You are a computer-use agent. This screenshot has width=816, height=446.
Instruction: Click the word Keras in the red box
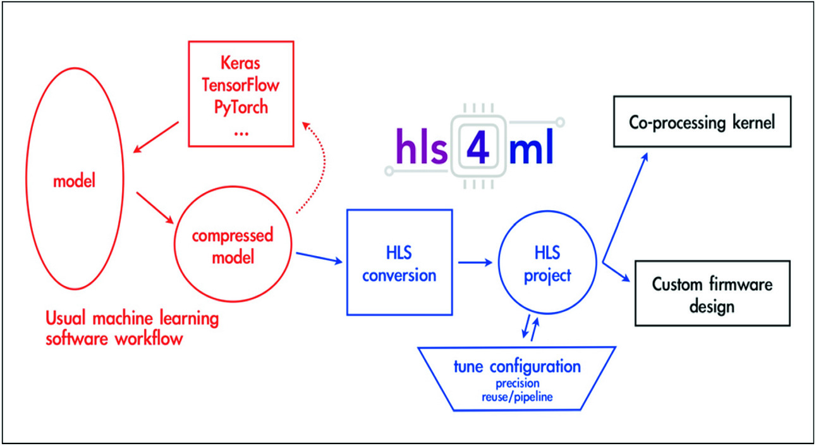click(x=240, y=63)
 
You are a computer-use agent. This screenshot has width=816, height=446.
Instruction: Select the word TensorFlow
click(x=240, y=85)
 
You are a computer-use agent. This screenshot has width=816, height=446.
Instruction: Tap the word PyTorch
click(x=241, y=108)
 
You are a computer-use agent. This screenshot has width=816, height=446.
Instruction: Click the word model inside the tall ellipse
click(x=75, y=181)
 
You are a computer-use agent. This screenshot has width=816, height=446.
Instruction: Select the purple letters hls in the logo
click(x=422, y=147)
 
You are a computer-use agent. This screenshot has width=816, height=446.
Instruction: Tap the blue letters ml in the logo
click(x=532, y=147)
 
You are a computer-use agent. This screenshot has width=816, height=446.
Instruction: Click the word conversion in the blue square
click(x=399, y=276)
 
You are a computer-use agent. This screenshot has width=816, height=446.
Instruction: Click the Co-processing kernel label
click(x=702, y=123)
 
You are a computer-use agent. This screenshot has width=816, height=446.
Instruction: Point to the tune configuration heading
click(x=517, y=366)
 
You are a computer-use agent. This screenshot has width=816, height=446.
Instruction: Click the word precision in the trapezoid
click(x=517, y=383)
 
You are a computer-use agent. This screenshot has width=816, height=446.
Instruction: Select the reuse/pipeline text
click(x=517, y=397)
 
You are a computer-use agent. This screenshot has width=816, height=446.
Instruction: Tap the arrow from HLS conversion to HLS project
click(x=475, y=262)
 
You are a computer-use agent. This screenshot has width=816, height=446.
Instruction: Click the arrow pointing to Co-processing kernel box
click(x=625, y=207)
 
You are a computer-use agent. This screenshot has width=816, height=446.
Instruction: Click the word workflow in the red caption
click(x=149, y=339)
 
